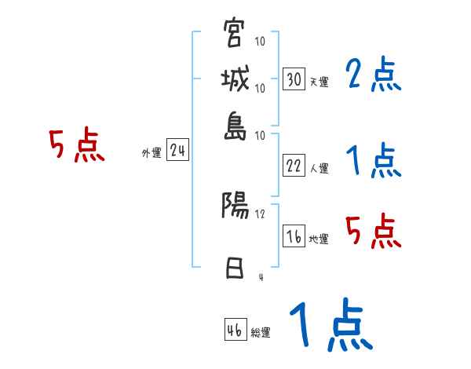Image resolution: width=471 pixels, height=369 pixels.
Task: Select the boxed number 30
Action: pyautogui.click(x=294, y=79)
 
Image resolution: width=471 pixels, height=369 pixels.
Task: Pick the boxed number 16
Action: pyautogui.click(x=294, y=237)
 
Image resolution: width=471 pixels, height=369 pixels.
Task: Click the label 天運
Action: pyautogui.click(x=319, y=82)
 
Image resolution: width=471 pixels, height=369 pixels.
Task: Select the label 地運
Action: pyautogui.click(x=319, y=239)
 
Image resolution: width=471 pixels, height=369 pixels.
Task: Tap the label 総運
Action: pyautogui.click(x=261, y=332)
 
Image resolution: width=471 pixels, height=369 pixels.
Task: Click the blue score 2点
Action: pyautogui.click(x=374, y=75)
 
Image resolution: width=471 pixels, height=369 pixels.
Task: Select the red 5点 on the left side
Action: pyautogui.click(x=76, y=146)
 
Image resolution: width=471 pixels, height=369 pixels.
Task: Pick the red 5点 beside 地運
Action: pyautogui.click(x=374, y=231)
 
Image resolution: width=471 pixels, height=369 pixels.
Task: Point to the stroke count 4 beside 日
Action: pyautogui.click(x=260, y=276)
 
